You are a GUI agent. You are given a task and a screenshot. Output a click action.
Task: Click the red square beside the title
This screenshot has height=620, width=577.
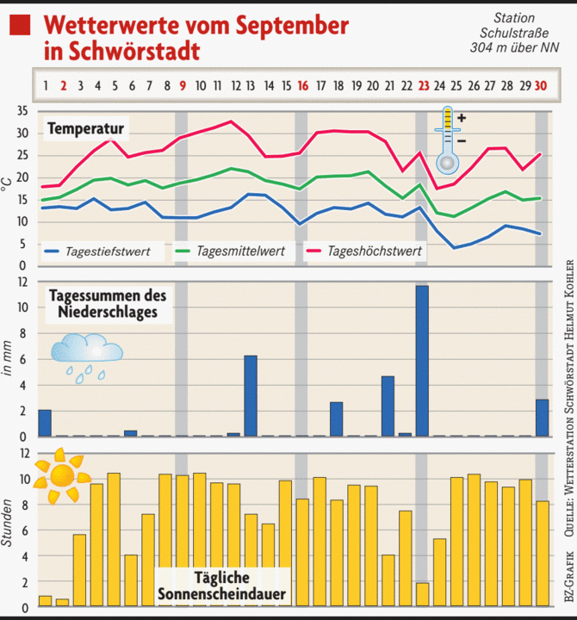(x=19, y=26)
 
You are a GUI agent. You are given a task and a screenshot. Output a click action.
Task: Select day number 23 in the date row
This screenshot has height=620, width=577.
(x=423, y=85)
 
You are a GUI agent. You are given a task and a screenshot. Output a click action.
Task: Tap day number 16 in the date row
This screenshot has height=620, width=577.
(x=302, y=85)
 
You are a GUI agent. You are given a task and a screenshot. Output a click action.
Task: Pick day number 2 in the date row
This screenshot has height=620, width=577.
(x=63, y=85)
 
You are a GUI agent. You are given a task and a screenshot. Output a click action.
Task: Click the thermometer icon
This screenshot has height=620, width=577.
(x=448, y=141)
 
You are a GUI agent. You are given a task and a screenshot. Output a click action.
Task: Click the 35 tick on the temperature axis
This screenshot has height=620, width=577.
(x=22, y=112)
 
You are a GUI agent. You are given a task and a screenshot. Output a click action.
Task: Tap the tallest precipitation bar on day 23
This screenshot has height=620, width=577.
(x=423, y=360)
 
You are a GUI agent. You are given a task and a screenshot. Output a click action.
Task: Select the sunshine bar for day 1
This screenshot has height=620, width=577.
(x=45, y=601)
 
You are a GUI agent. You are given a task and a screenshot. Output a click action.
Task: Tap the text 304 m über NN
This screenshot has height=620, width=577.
(x=515, y=48)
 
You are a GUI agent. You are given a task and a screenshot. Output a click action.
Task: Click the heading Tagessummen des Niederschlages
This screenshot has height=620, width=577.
(x=108, y=303)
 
